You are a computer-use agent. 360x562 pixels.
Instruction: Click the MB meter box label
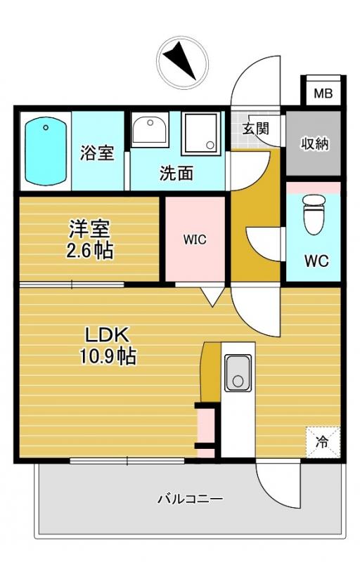[x=323, y=93]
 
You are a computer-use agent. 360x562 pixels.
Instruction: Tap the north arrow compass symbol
[x=183, y=62]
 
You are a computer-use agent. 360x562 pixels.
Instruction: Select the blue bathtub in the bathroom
[x=46, y=152]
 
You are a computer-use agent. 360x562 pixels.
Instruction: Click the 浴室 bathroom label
[x=97, y=152]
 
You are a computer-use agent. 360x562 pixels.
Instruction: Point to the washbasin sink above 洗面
[x=150, y=129]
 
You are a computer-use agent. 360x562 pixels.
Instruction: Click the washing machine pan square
[x=200, y=133]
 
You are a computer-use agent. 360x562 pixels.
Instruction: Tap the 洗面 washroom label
[x=176, y=173]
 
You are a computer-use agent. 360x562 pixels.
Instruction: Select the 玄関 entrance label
[x=256, y=128]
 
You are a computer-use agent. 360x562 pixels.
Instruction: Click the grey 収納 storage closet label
[x=314, y=144]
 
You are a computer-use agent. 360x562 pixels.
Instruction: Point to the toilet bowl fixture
[x=314, y=214]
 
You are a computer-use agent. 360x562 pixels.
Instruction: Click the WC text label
[x=316, y=261]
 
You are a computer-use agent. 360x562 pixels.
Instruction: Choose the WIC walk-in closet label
[x=195, y=240]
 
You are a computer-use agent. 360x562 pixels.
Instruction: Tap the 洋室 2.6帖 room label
[x=89, y=239]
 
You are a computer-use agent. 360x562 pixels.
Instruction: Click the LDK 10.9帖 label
[x=107, y=346]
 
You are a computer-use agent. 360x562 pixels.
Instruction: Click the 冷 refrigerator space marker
[x=322, y=442]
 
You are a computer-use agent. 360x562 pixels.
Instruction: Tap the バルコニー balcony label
[x=191, y=499]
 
